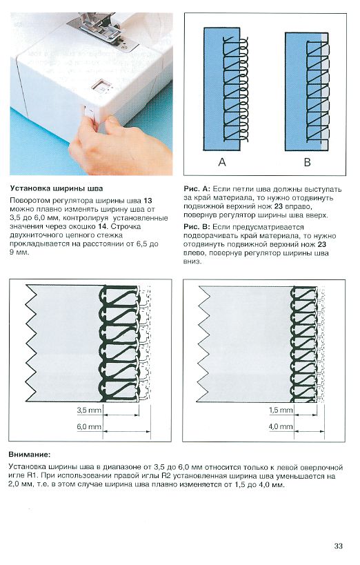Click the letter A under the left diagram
click(222, 162)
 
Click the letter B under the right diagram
click(307, 162)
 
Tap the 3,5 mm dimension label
click(89, 410)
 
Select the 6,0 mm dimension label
click(89, 426)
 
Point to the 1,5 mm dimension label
click(281, 410)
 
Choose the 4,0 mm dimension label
click(281, 426)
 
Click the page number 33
click(339, 546)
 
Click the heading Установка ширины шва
click(57, 188)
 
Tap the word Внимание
click(30, 455)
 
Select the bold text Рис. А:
click(197, 189)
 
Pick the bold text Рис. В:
click(197, 227)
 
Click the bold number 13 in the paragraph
click(148, 201)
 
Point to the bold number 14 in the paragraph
click(102, 227)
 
